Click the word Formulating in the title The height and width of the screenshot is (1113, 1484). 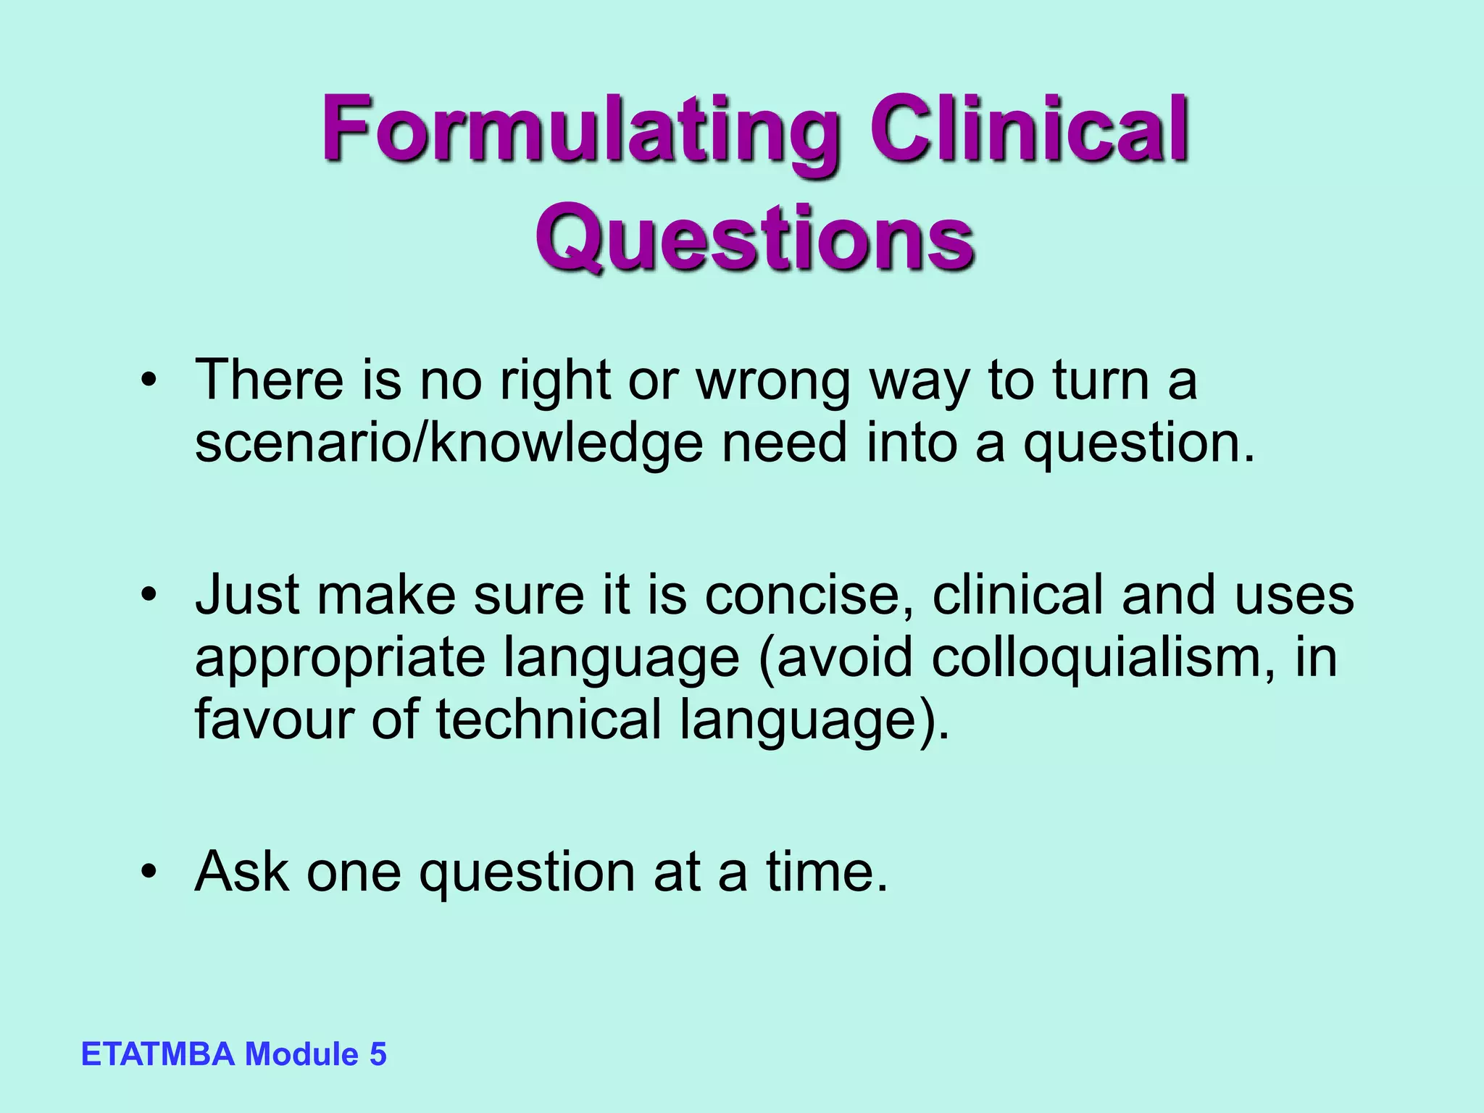580,134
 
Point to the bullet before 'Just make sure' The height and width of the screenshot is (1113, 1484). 149,596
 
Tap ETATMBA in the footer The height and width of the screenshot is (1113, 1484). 158,1054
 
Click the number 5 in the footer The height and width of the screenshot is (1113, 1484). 378,1054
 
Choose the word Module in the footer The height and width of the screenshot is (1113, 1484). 301,1054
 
